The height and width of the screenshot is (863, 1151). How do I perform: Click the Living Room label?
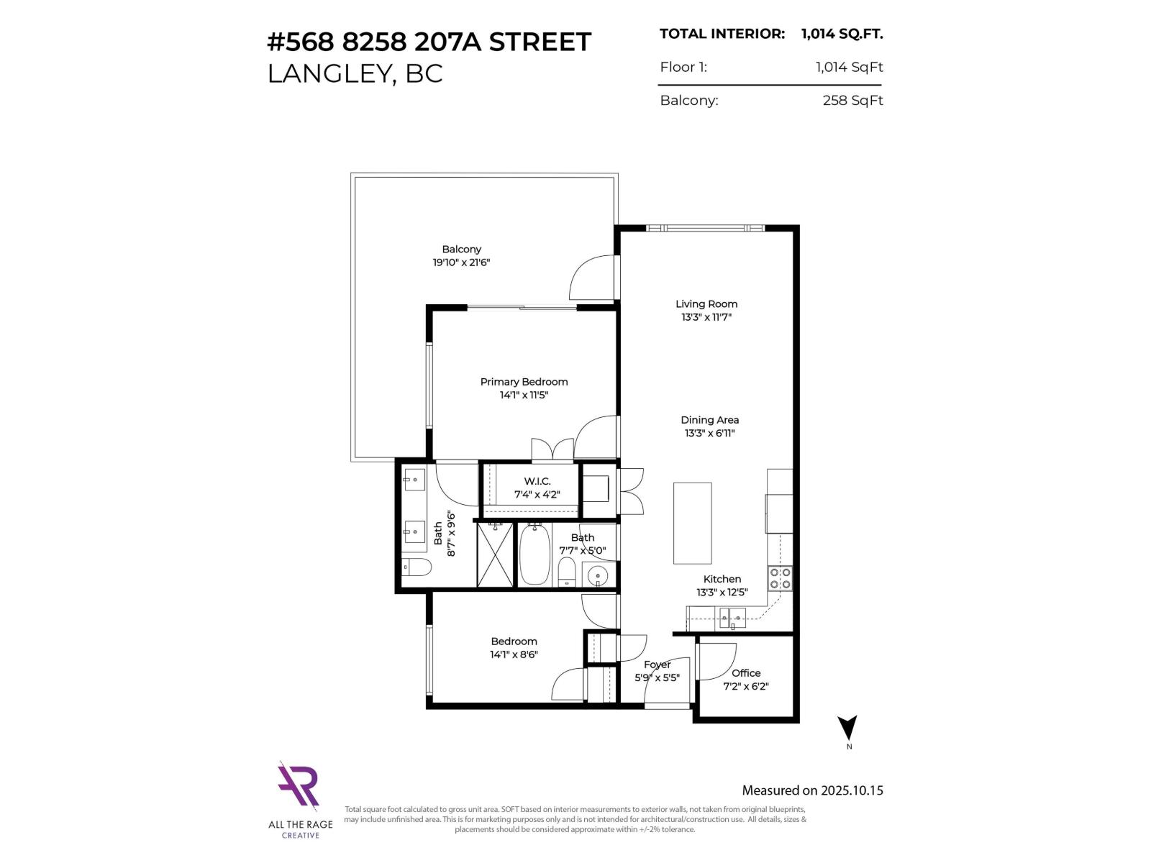(706, 304)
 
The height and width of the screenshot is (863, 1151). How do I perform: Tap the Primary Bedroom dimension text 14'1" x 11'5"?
(524, 395)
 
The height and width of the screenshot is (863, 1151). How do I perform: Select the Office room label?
(746, 673)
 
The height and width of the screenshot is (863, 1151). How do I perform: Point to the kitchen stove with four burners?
(780, 578)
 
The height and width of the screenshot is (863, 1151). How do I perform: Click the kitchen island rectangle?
(692, 523)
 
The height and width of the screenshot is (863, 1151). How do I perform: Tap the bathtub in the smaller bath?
(534, 554)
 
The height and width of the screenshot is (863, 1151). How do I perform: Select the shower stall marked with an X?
(495, 554)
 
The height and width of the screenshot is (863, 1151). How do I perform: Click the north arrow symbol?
(848, 728)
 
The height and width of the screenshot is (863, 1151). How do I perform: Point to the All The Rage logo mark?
(299, 786)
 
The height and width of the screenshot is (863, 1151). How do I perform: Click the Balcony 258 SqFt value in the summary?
(852, 101)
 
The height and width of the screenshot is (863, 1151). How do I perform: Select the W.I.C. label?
(537, 481)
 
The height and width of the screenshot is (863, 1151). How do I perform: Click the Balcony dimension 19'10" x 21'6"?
(461, 262)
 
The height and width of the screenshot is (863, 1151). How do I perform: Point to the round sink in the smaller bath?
(597, 576)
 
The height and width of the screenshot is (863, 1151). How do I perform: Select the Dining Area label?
(709, 420)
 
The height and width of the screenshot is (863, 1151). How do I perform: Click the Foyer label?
(657, 665)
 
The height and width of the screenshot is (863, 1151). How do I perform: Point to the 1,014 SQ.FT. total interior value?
(842, 34)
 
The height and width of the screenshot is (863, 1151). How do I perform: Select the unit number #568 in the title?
(300, 42)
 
